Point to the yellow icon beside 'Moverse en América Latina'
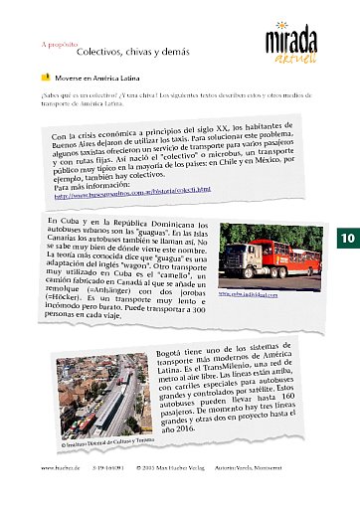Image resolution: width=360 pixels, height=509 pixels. (46, 77)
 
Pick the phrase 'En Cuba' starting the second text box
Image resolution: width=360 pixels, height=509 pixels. (64, 219)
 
